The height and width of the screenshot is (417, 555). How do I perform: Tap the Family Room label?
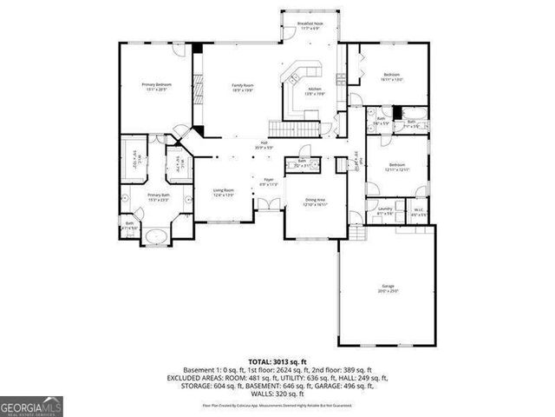coord(242,87)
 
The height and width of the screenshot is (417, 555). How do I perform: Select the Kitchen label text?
coord(314,91)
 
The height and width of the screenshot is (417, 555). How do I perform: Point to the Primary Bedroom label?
coord(156,86)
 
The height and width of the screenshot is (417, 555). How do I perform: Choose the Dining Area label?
coord(314,202)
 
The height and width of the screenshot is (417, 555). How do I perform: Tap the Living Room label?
coord(224,192)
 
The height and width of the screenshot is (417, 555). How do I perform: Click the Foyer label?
coord(269,183)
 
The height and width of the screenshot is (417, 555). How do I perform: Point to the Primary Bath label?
coord(156,198)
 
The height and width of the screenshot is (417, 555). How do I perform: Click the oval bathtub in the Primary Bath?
coord(156,236)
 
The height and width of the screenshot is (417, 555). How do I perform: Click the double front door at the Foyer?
coord(268,204)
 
